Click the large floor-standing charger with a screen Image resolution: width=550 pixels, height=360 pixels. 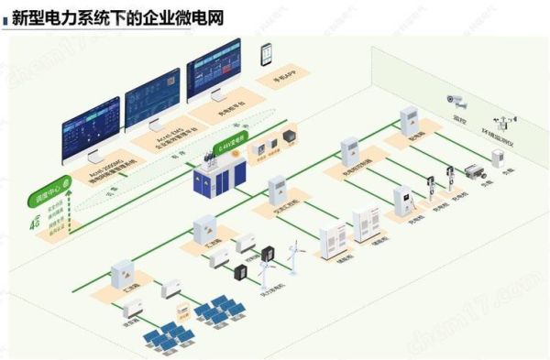coord(401,202)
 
